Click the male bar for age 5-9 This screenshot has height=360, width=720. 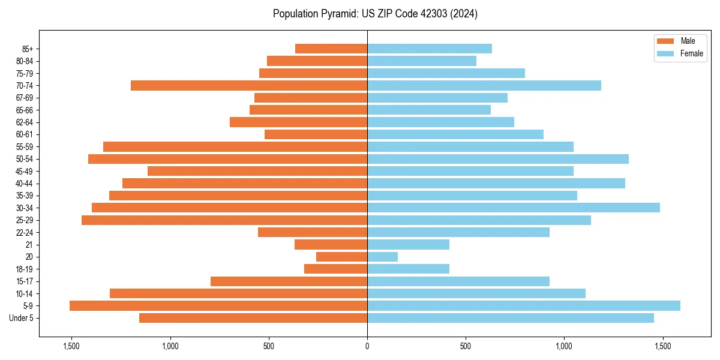(x=218, y=306)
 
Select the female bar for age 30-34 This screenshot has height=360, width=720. (x=514, y=208)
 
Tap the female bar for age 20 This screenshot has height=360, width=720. (x=383, y=257)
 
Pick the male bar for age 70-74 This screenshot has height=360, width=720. (x=249, y=85)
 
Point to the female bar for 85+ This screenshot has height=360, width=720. (x=430, y=49)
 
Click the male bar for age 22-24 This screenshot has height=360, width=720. (x=313, y=232)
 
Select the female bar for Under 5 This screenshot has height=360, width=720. (x=511, y=318)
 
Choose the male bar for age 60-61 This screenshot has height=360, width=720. (x=316, y=134)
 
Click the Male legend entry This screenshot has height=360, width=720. (x=688, y=41)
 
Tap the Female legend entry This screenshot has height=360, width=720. (x=691, y=53)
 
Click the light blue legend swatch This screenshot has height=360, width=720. (x=666, y=53)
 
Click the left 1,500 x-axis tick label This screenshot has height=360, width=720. (x=71, y=346)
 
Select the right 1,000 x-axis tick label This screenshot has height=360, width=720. (x=564, y=346)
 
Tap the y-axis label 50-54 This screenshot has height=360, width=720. (x=25, y=159)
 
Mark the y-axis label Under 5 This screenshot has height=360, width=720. (x=22, y=318)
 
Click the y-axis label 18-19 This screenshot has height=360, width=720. (x=25, y=269)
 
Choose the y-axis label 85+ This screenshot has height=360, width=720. (x=27, y=49)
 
